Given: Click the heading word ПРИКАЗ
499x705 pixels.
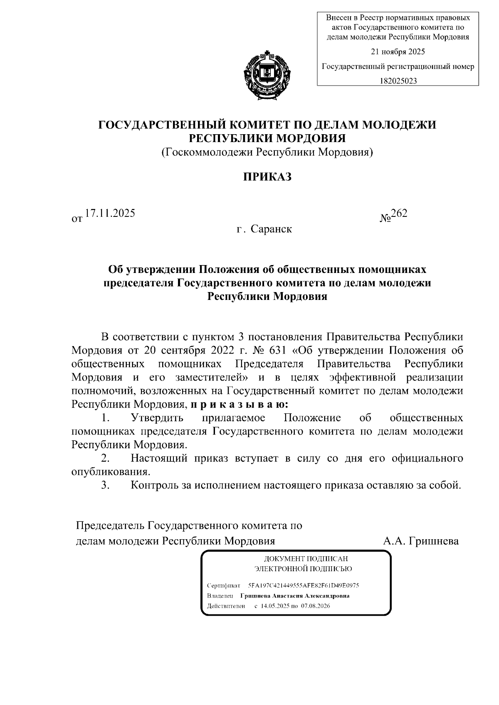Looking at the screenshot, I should pos(267,177).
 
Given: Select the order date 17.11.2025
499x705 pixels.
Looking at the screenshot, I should pos(110,214).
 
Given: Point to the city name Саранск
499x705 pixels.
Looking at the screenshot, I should pos(271,229).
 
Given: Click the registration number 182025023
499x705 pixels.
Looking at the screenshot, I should pos(398,81).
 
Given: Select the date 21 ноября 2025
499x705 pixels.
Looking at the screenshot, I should pos(398,52).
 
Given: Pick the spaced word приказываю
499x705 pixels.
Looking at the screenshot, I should pos(239,404).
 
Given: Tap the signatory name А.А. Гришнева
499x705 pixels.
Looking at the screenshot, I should pos(421,541).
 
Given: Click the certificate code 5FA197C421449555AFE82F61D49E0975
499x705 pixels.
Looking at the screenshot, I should pos(303,585).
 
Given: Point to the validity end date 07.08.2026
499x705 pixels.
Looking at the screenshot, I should pos(316,606).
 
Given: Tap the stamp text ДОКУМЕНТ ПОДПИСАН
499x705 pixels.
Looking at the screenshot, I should pos(303,559).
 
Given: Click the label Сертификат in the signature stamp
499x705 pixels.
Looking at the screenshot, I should pos(223,585).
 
